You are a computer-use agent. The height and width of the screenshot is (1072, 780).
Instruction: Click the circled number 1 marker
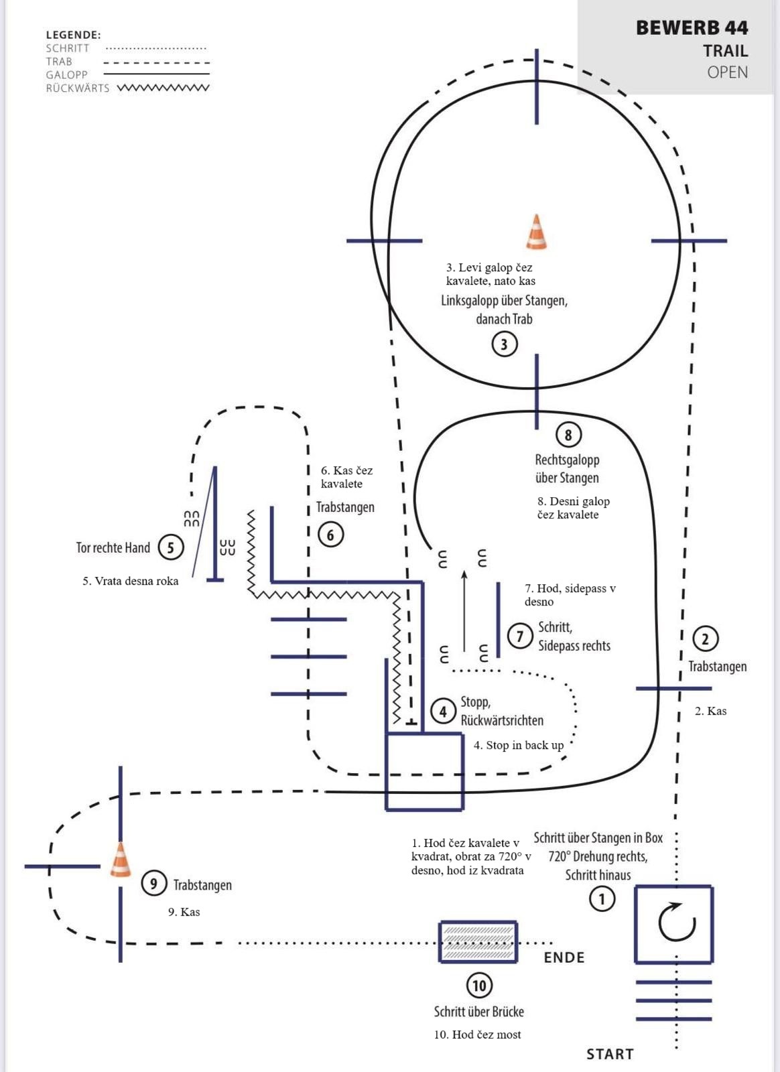tap(602, 898)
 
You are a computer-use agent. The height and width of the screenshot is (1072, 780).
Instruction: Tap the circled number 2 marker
tap(705, 639)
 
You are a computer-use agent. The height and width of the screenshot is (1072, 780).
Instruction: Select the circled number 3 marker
tap(505, 344)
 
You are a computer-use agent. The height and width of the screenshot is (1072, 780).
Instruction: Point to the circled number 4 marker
tap(443, 712)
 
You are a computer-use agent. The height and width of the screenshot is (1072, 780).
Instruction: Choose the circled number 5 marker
tap(170, 547)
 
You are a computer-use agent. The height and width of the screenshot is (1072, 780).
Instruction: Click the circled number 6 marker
tap(330, 535)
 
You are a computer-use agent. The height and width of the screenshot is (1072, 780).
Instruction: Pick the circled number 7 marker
tap(520, 635)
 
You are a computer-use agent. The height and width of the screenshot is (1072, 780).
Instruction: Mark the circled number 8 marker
tap(568, 435)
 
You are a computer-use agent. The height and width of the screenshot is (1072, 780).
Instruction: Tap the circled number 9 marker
tap(153, 884)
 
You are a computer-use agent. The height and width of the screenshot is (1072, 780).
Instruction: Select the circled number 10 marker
tap(479, 986)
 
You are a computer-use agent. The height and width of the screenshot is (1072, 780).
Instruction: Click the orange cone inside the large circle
tap(536, 232)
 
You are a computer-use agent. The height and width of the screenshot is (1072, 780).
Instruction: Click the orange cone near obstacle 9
tap(121, 860)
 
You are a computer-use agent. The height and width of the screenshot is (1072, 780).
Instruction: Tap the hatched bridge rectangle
tap(478, 942)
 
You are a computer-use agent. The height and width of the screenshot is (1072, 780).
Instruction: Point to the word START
tap(610, 1054)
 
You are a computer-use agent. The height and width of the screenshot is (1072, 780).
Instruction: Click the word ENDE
tap(564, 957)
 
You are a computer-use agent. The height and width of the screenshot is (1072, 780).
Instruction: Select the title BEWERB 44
tap(692, 27)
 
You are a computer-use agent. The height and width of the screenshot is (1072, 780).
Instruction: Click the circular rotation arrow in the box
tap(676, 923)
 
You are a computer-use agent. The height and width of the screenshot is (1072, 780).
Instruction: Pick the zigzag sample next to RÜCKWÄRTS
tap(163, 88)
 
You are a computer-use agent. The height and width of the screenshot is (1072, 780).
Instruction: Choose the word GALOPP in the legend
tap(67, 74)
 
